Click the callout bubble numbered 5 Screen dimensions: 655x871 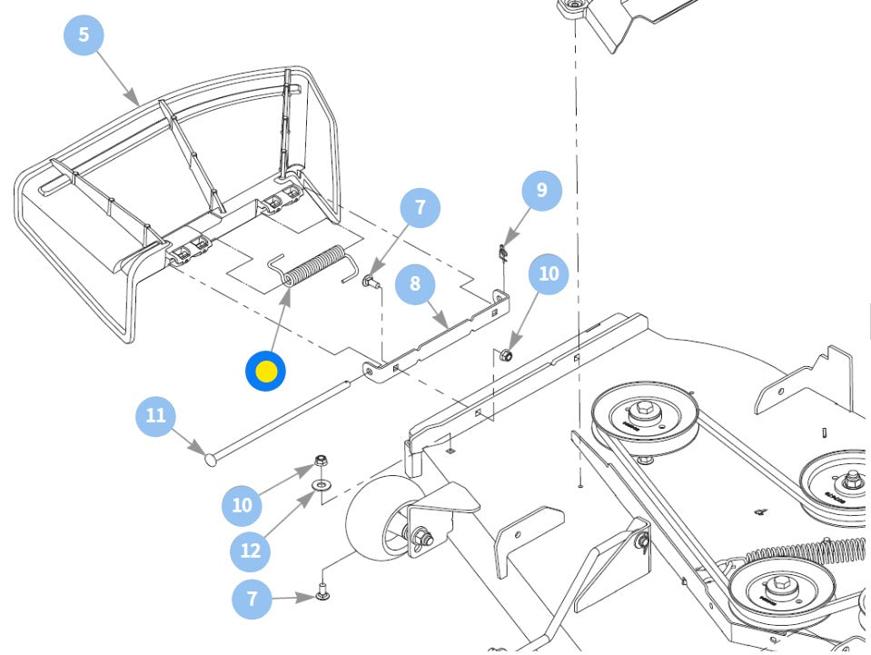click(84, 35)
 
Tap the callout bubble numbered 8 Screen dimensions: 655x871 click(415, 283)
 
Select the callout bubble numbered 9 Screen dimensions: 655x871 click(542, 190)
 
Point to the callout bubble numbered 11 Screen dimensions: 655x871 click(155, 415)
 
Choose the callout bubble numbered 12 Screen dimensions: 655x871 click(251, 550)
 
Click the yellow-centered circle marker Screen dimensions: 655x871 click(266, 371)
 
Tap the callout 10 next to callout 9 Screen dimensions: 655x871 click(549, 273)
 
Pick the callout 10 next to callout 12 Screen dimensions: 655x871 click(242, 504)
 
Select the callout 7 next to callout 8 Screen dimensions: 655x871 click(420, 208)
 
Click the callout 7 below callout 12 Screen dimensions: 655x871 click(252, 599)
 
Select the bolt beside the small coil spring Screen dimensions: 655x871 click(370, 283)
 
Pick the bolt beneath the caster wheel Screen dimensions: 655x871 click(323, 593)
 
